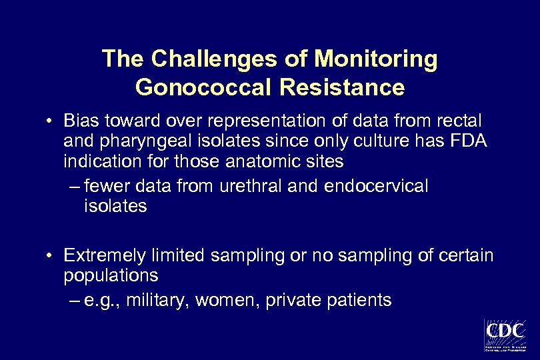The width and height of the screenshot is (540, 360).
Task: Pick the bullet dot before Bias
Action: pos(50,123)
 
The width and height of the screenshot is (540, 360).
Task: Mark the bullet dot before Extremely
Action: pos(50,256)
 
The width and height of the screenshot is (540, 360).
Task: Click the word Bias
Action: pos(81,122)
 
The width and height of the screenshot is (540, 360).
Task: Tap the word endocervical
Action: pos(376,185)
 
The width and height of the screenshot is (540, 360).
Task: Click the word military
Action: pos(164,301)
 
